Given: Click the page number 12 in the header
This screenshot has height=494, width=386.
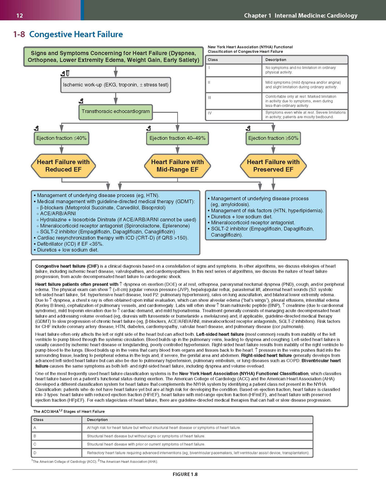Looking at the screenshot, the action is pos(20,16).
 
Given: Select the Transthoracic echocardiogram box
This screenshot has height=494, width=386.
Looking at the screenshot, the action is pos(116,112).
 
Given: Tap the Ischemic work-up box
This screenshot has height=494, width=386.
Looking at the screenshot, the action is pos(116,85).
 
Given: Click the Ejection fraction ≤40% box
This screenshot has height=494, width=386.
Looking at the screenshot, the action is pos(61,138).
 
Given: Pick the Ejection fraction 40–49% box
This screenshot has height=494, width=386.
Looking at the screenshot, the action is pos(178,138).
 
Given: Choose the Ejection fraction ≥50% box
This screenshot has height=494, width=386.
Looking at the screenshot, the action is pos(273,138).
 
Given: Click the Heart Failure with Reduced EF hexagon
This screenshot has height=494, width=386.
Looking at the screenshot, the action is pos(63,166).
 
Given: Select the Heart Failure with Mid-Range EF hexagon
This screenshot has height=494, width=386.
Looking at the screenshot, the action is pos(178,166).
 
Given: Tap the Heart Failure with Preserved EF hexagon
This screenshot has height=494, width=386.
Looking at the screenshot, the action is pos(273,166).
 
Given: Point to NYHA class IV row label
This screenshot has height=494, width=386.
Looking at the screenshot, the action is pos(210,113).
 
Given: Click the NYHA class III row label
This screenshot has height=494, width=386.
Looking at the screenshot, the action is pos(210,98).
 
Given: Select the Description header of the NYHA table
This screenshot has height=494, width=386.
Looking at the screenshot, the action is pos(276,60).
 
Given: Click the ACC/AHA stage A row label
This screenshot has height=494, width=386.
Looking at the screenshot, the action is pos(35,428).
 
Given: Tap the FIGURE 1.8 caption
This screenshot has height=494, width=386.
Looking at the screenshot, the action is pos(185,474).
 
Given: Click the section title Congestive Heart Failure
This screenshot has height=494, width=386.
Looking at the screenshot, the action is pos(76,34).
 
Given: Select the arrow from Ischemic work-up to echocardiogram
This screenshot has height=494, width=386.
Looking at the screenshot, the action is pos(116,98).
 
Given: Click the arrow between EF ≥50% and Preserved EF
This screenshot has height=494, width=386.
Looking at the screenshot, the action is pos(273,149).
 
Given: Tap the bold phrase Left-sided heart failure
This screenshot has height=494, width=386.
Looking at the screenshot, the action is pos(220,334).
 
